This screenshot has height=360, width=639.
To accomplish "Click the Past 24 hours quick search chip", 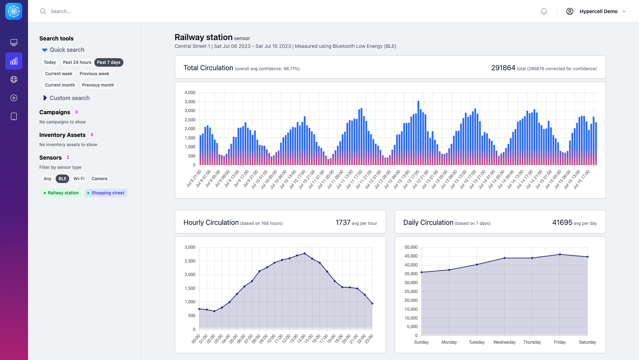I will tap(77, 62).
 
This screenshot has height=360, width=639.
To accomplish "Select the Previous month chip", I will tap(98, 85).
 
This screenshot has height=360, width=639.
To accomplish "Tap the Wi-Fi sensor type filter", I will tap(79, 179).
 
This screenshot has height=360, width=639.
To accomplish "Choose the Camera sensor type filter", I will tap(99, 179).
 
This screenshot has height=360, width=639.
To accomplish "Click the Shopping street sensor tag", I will tap(106, 193).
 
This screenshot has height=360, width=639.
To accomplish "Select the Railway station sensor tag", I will tap(61, 193).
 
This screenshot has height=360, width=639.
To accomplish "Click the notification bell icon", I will tap(544, 11).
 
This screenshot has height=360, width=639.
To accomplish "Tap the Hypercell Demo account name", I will tap(598, 11).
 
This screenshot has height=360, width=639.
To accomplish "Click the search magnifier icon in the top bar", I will tap(43, 11).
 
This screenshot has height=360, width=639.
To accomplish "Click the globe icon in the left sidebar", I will tap(14, 79).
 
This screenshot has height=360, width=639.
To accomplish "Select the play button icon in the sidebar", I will tap(14, 98).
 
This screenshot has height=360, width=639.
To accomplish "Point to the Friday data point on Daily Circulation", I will tap(560, 254).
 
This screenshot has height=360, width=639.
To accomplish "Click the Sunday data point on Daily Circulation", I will tap(421, 272).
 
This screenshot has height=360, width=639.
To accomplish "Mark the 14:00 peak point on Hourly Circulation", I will tap(305, 254).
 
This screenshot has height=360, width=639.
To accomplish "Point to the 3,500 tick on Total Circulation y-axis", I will tap(190, 102).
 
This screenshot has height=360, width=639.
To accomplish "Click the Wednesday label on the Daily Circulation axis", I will tap(504, 342).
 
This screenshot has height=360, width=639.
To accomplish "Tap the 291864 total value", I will tap(503, 68).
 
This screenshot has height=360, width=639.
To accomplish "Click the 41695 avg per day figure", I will tap(562, 222).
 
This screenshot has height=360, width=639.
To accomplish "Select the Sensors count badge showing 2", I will tap(68, 157).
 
